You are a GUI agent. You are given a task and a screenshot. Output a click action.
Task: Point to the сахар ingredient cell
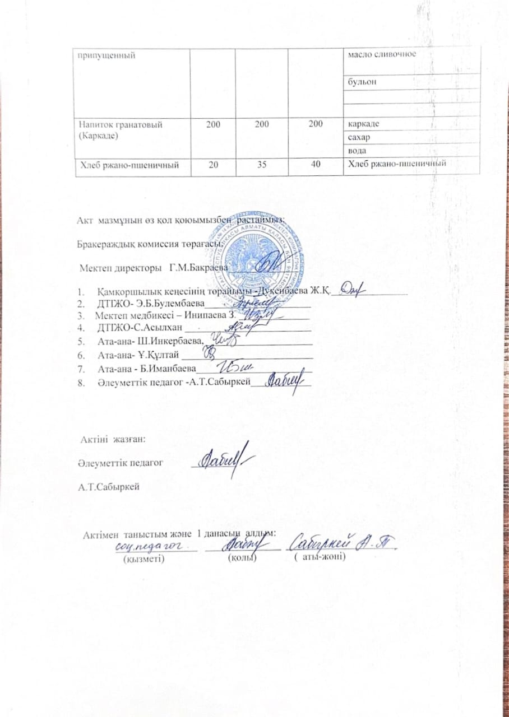(359, 137)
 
